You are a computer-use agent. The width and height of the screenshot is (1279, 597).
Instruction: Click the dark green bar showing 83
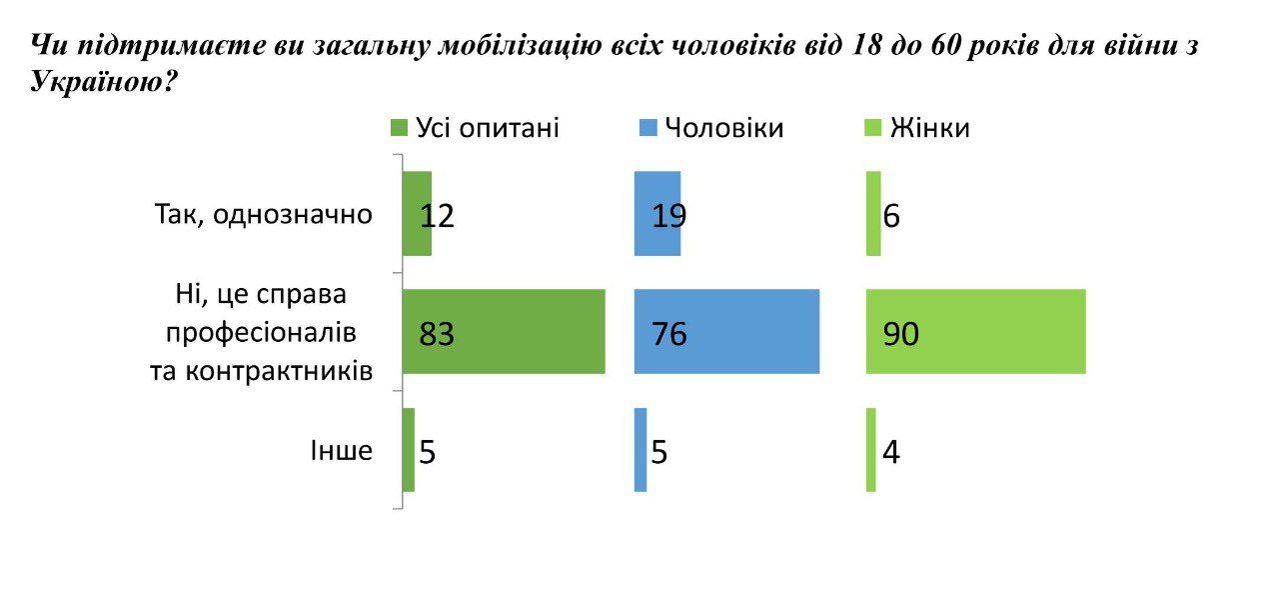pos(504,332)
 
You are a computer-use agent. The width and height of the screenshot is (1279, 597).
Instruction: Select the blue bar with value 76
pos(726,332)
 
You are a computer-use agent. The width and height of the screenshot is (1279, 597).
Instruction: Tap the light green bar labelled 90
pos(975,332)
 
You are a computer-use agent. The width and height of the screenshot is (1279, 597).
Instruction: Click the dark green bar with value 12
pos(417,214)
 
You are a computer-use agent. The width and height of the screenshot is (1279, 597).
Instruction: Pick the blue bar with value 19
pos(657,214)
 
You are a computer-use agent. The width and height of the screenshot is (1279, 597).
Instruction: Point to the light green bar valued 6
pos(873,214)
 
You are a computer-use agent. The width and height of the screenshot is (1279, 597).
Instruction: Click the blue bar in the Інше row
pos(640,450)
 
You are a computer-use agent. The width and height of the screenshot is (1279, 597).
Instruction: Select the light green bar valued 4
pos(871,450)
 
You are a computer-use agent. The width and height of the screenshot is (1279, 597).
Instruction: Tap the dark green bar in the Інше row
pos(408,450)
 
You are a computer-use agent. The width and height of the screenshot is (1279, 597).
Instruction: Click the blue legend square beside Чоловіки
pos(646,129)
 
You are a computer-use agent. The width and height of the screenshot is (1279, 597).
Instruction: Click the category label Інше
pos(340,451)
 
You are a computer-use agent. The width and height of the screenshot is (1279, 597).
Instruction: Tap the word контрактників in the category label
pos(262,370)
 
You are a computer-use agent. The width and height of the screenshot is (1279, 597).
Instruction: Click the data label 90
pos(900,334)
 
